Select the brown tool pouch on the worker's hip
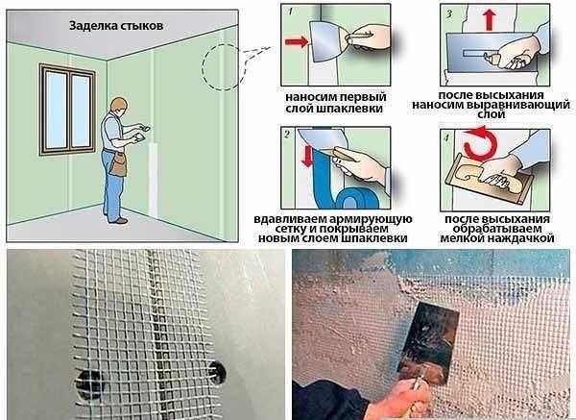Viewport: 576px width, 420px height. point(119,164)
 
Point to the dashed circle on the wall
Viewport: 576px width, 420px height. point(225,67)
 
